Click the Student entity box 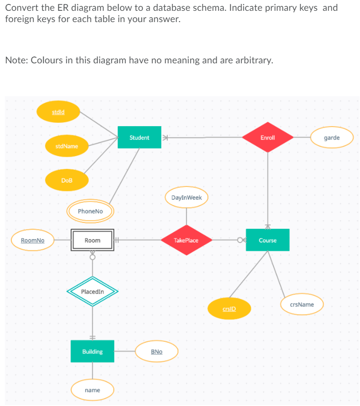pos(139,137)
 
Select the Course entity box pos(267,240)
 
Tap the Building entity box pos(92,352)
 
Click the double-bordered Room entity pos(92,240)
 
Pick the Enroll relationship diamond pos(268,137)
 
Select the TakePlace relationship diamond pos(186,240)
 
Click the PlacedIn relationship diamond pos(92,292)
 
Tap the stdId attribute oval pos(58,112)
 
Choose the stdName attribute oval pos(67,146)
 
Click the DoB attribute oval pos(67,180)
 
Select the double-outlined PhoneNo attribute pos(90,211)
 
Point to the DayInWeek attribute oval pos(186,197)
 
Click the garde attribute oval pos(332,137)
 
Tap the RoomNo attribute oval pos(33,240)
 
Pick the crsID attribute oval pos(229,309)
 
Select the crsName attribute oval pos(302,304)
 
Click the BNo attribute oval pos(156,352)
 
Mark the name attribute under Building pos(92,390)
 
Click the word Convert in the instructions pos(22,8)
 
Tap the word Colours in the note pos(51,60)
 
